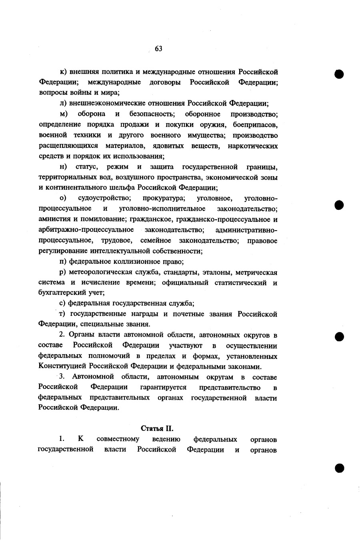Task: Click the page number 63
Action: (158, 49)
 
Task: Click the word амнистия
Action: (54, 219)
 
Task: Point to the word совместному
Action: (118, 439)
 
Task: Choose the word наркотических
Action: (252, 146)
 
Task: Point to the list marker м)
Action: (63, 114)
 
